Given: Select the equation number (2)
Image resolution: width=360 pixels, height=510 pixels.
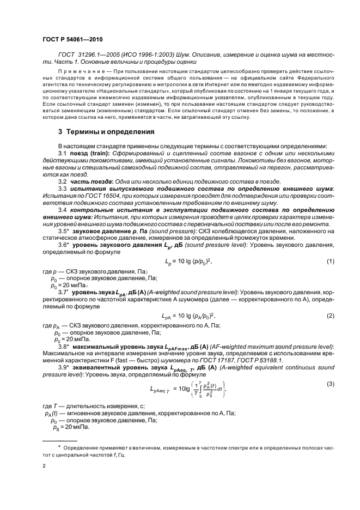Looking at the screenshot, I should click(x=330, y=315).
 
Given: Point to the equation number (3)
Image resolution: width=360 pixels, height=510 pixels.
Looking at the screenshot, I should click(x=330, y=385).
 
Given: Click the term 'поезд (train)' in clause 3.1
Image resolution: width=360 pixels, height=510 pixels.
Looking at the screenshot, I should click(x=90, y=154).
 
